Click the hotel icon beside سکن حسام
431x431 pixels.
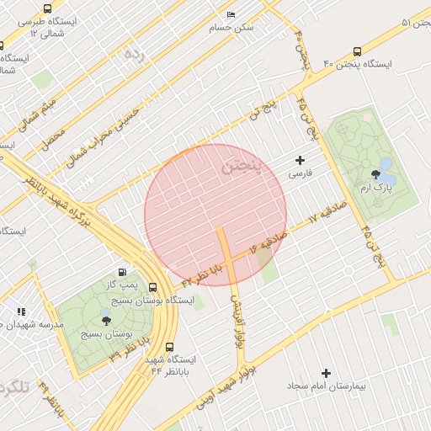pos(231,14)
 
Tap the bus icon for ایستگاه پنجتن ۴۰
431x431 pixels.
pos(358,52)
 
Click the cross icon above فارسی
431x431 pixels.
pos(301,160)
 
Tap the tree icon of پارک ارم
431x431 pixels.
pos(375,174)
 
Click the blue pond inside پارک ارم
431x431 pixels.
pos(386,162)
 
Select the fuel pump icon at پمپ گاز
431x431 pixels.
pos(123,272)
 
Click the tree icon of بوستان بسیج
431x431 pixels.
pos(105,321)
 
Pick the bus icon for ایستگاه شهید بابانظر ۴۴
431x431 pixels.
pos(170,347)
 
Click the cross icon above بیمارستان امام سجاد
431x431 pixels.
pos(327,372)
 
